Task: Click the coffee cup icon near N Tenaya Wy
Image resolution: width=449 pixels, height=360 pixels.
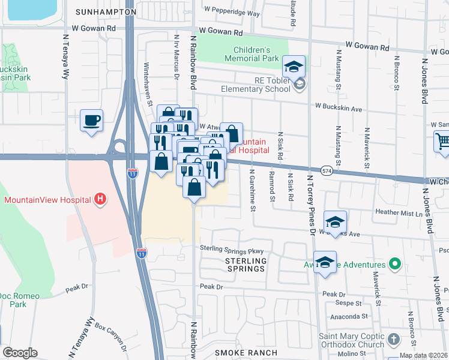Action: (91, 121)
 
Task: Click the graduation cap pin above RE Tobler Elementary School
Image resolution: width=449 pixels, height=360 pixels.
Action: (294, 66)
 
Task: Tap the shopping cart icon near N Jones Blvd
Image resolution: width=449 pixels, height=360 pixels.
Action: (442, 142)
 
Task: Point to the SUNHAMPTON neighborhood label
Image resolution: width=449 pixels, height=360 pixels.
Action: (106, 12)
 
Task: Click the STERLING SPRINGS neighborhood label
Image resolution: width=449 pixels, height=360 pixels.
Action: (246, 265)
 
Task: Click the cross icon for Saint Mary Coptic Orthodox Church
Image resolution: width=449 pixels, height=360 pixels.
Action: (393, 338)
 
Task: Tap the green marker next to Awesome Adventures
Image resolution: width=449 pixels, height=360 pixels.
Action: (394, 264)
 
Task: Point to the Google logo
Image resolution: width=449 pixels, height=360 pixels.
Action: (20, 353)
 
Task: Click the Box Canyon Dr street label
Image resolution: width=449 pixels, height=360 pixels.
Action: (112, 337)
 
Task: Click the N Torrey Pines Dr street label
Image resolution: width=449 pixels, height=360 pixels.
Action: (310, 204)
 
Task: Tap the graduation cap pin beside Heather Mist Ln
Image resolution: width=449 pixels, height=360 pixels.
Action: (335, 221)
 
